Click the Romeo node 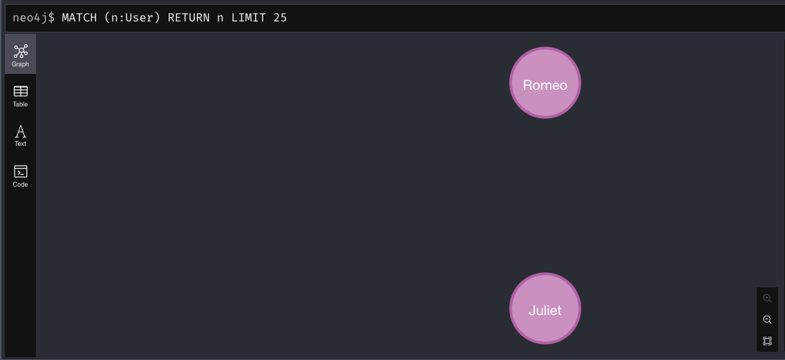[545, 83]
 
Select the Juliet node [545, 308]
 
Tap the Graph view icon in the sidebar [21, 50]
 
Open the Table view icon [21, 91]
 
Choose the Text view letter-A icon [21, 131]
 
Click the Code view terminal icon [21, 171]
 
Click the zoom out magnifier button [767, 320]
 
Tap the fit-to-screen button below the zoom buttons [767, 341]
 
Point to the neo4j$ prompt [33, 17]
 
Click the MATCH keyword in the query [79, 17]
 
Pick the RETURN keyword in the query [189, 17]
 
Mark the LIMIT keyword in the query [249, 17]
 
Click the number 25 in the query [280, 17]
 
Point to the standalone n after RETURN [220, 17]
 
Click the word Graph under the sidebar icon [21, 64]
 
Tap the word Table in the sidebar [21, 104]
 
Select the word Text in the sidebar [21, 144]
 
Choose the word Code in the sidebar [21, 184]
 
